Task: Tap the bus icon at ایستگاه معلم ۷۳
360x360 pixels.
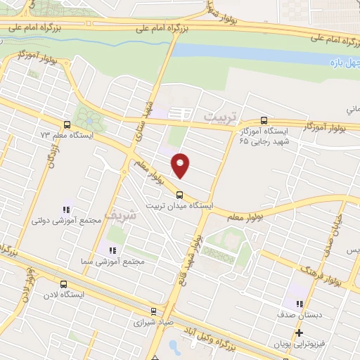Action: tap(66, 123)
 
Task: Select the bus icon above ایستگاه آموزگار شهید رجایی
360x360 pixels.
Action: tap(264, 120)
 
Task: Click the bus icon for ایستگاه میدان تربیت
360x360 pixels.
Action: tap(179, 195)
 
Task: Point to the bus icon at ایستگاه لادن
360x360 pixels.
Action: tap(64, 285)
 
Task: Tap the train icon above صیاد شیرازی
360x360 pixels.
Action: tap(153, 311)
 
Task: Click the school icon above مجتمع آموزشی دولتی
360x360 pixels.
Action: tap(67, 209)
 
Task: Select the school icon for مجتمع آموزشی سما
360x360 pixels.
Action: tap(110, 250)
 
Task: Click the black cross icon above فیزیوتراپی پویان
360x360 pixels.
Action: tap(299, 333)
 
